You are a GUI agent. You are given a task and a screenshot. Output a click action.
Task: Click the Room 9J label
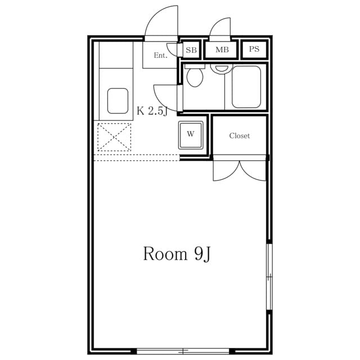tap(177, 254)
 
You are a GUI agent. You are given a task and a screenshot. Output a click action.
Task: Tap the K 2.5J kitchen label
tap(152, 111)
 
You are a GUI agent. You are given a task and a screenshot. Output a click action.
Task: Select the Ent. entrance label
tap(160, 55)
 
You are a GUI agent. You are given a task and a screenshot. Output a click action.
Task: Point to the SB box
tap(191, 50)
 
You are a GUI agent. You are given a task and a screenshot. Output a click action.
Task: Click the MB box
tap(222, 49)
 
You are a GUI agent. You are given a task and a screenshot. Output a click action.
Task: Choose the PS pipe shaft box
tap(254, 49)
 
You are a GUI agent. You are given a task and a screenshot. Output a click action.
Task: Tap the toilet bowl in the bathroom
tap(195, 78)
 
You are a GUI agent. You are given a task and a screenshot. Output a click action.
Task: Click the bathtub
tap(246, 87)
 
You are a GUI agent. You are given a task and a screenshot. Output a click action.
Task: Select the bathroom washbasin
tap(221, 69)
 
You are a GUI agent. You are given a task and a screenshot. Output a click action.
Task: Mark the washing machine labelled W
tap(191, 135)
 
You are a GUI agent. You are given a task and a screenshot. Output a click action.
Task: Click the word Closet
tap(239, 136)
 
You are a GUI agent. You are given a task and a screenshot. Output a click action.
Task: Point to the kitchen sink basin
tap(118, 101)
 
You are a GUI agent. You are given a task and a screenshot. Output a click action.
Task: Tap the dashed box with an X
tap(114, 137)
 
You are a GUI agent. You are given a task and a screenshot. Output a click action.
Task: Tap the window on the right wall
tap(269, 277)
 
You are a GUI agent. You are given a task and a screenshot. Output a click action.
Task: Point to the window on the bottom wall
tap(183, 351)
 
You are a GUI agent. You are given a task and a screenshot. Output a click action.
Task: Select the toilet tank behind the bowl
tap(195, 66)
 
